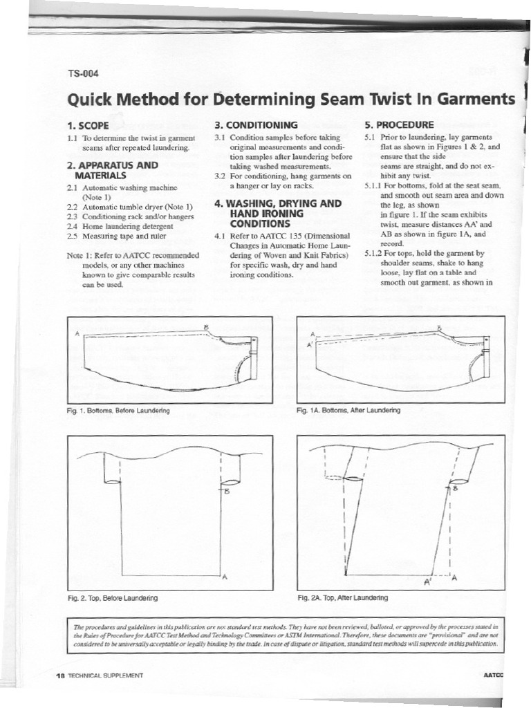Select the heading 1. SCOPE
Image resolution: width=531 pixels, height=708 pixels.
click(x=91, y=126)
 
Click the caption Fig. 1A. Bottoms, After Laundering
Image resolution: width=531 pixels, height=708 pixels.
click(x=348, y=410)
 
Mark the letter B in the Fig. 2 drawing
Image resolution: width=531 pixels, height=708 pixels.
click(x=225, y=492)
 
